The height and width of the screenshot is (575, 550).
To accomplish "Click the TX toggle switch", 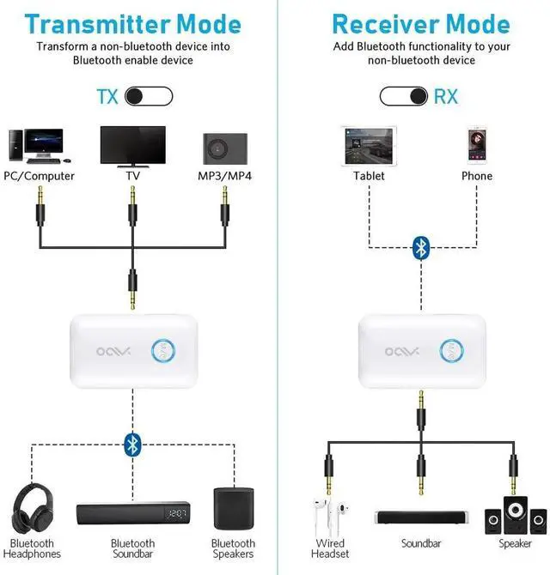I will (149, 95).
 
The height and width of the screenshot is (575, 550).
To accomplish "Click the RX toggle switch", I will (404, 95).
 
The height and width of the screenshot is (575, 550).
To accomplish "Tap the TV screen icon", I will (132, 146).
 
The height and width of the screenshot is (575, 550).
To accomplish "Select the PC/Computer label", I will (40, 176).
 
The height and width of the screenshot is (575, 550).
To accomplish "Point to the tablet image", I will (368, 146).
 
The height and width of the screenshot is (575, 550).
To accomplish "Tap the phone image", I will (477, 146).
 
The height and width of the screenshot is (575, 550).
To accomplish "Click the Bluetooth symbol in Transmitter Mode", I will (132, 444).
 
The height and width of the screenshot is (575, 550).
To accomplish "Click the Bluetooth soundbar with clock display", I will (132, 514).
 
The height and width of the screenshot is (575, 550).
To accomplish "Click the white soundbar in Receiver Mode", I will (420, 517).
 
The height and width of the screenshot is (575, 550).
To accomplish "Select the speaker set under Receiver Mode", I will (515, 516).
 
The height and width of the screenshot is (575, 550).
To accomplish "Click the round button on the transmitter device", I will (163, 349).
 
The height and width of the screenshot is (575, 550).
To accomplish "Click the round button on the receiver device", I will (453, 349).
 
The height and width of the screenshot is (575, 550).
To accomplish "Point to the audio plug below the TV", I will (132, 203).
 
